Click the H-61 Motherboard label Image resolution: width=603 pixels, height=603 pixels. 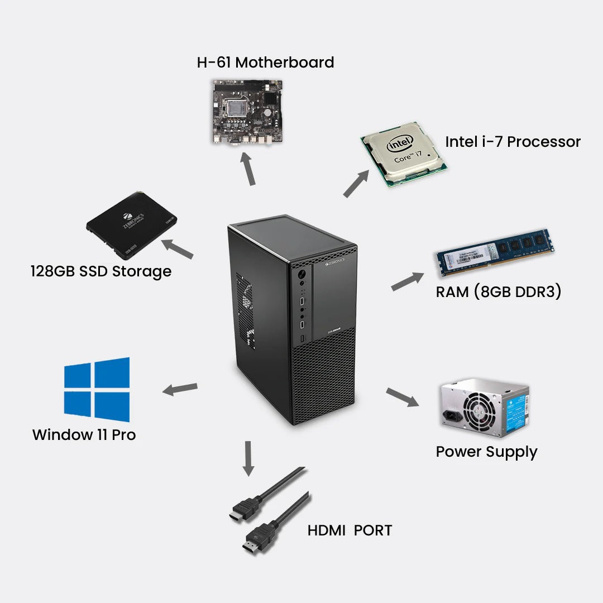coord(265,62)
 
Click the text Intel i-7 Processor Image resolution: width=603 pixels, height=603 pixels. coord(513,142)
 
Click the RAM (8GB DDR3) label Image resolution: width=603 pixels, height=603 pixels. coord(498,291)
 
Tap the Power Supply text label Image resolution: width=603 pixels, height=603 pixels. coord(486,452)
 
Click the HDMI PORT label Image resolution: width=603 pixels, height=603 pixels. coord(350,530)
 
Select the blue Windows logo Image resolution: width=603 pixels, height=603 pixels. coord(97,390)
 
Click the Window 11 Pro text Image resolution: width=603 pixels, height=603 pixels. coord(84,434)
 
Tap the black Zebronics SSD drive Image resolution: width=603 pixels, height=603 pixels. coord(132,221)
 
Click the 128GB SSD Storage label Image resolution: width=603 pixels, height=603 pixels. coord(100,271)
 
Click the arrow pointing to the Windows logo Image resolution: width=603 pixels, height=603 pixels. coord(180,389)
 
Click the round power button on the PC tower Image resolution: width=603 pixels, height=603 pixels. coord(302,275)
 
